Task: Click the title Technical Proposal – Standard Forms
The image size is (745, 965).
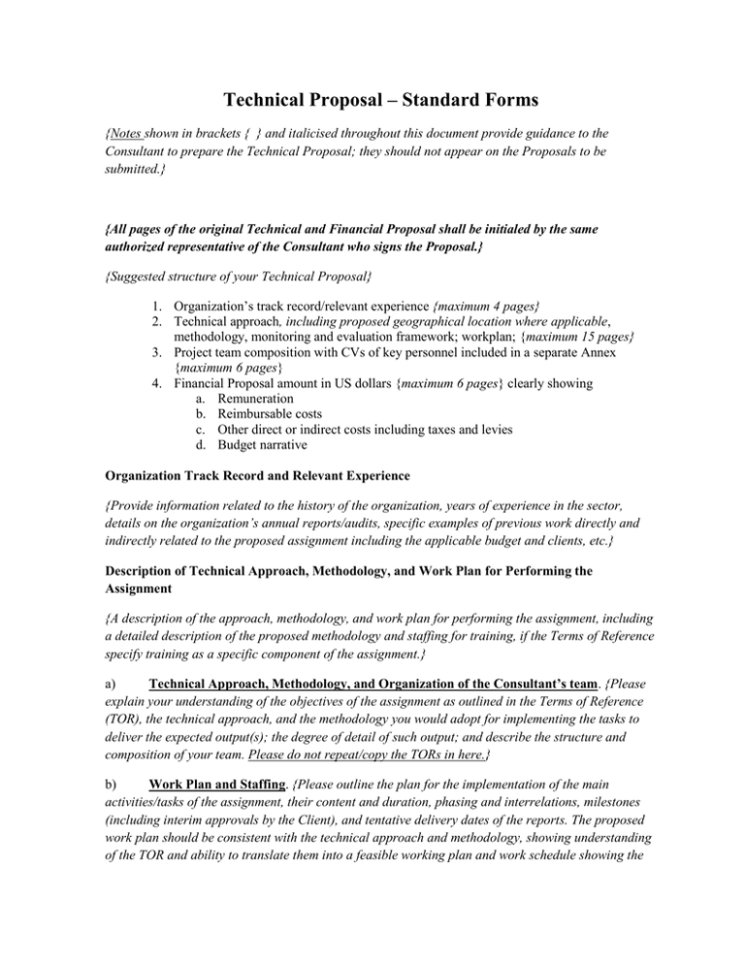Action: (x=372, y=99)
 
